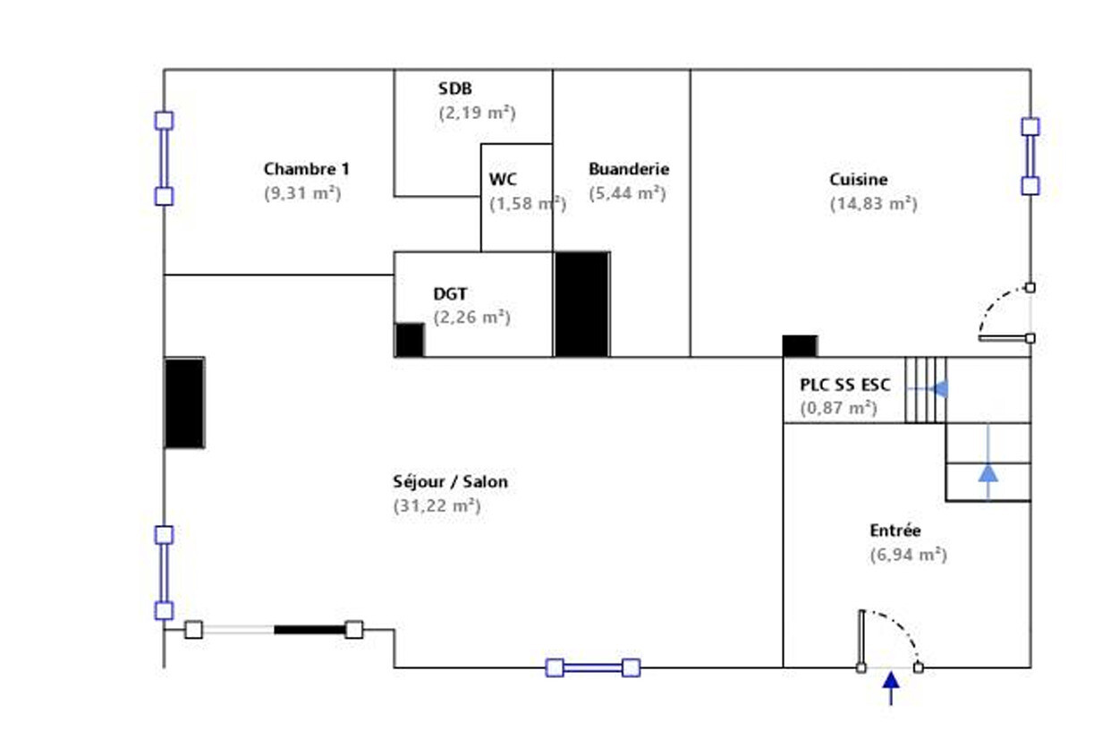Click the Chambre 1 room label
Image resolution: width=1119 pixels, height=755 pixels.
(306, 169)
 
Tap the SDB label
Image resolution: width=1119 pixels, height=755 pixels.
(454, 89)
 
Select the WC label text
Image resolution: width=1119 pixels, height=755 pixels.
(503, 179)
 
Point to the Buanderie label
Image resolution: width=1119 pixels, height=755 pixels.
(628, 169)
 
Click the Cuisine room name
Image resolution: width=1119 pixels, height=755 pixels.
(858, 180)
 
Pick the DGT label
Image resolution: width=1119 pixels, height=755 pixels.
(450, 293)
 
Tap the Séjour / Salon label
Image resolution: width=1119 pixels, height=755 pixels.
(450, 482)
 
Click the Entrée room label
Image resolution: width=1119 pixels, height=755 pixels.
(894, 530)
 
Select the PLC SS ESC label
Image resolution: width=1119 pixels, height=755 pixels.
(844, 386)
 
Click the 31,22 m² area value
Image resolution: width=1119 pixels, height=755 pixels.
(437, 506)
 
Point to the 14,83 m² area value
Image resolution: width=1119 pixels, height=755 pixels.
(873, 204)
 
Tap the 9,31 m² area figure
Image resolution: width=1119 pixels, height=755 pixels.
(302, 193)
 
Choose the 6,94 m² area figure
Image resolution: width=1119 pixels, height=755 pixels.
(908, 556)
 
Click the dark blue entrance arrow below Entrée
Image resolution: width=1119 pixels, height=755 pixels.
(890, 686)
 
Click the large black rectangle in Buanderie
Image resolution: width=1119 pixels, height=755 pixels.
(581, 304)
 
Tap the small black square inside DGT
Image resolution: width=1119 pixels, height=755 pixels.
(409, 340)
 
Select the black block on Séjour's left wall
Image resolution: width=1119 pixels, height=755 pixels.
(184, 403)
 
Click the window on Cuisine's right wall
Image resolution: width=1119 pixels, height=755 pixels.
(1030, 157)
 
